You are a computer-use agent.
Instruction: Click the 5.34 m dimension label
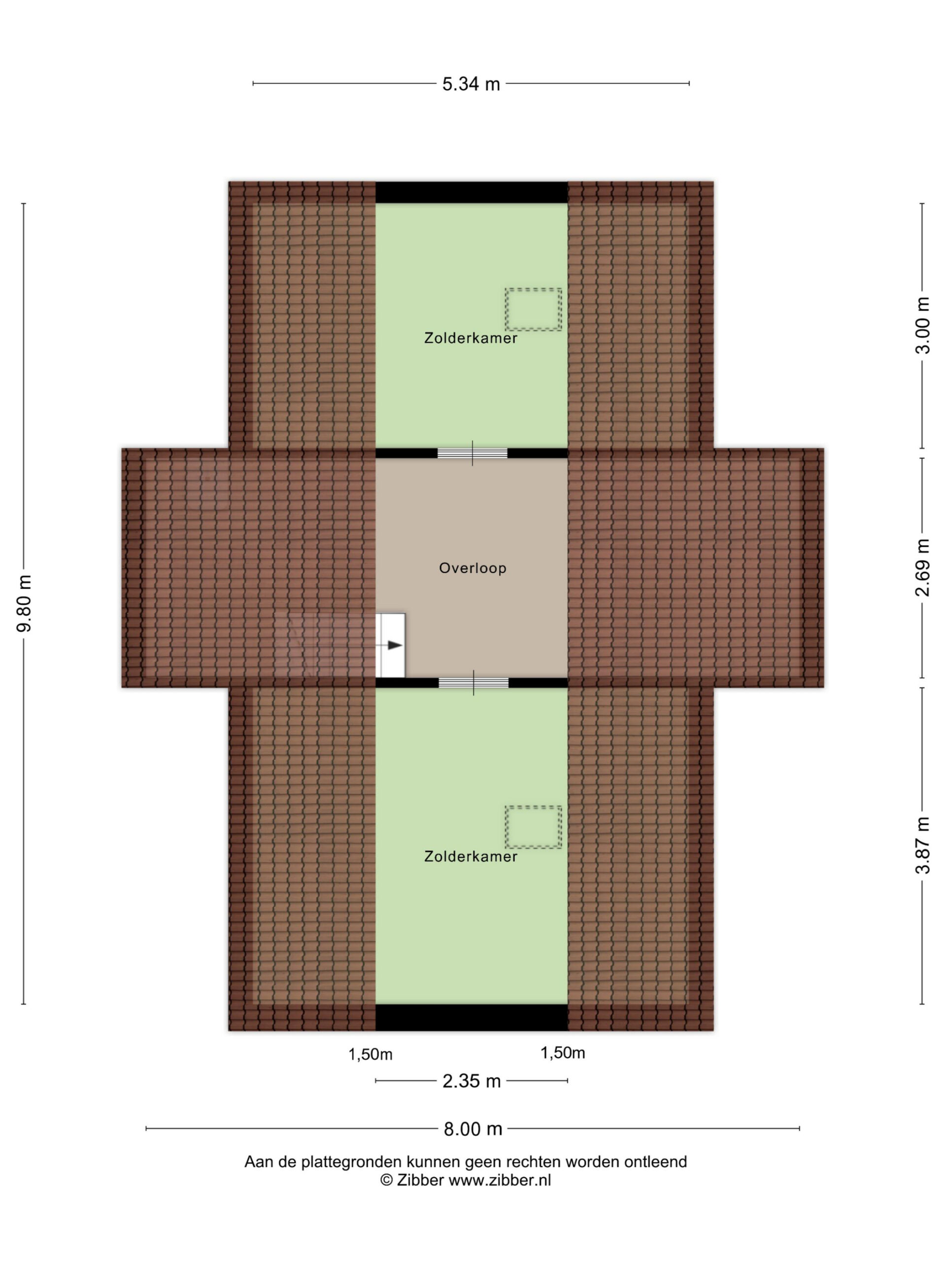coord(471,84)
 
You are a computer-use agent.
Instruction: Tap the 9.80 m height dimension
coord(24,603)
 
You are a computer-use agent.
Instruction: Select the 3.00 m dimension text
coord(922,325)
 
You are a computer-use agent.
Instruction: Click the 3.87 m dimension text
coord(922,845)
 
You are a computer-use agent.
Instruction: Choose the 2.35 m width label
coord(472,1081)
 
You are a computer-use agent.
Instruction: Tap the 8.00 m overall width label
coord(473,1128)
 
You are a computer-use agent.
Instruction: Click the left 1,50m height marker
coord(371,1054)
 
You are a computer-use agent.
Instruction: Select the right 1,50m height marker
coord(563,1052)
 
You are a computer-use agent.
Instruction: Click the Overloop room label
coord(473,568)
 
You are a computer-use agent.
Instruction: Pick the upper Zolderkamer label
coord(471,338)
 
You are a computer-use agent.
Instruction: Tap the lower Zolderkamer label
coord(471,856)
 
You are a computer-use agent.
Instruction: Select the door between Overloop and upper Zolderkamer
coord(472,454)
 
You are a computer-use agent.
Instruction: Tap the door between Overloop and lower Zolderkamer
coord(473,683)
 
